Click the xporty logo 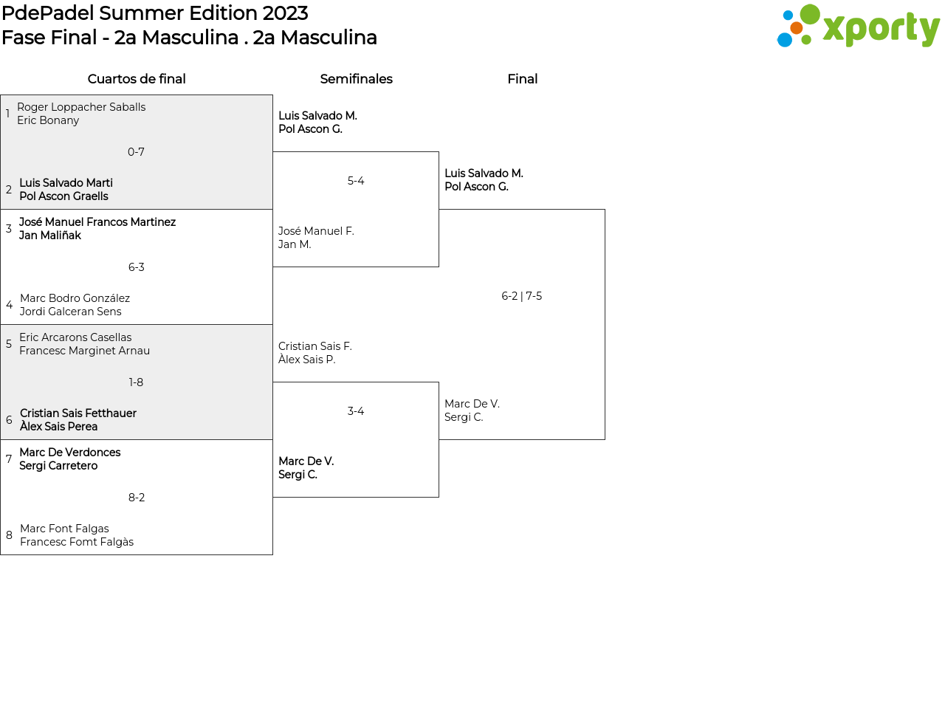(858, 26)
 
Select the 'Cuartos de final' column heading (137, 79)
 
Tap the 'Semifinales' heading (356, 79)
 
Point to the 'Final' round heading (522, 79)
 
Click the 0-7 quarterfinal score (136, 152)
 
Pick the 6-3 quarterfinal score (136, 267)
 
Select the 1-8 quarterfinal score (136, 382)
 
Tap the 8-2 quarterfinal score (137, 498)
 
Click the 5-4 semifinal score (356, 180)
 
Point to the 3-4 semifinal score (356, 411)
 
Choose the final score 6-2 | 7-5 (522, 296)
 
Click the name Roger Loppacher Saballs (81, 107)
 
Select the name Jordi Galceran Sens (70, 312)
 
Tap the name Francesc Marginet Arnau (84, 351)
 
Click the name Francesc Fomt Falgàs (77, 542)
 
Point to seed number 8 (9, 535)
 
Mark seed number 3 (9, 229)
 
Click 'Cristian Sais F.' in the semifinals (315, 346)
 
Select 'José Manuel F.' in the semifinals (316, 231)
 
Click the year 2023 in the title (285, 13)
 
